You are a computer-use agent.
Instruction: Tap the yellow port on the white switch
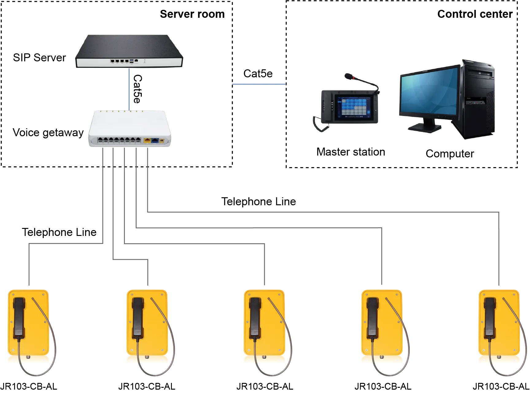(147, 141)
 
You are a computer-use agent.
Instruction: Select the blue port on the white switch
(155, 141)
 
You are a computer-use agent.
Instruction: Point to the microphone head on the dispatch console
(348, 76)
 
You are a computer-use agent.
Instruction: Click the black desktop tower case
(479, 101)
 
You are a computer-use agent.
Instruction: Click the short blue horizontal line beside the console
(259, 84)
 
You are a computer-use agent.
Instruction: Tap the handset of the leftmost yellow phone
(19, 318)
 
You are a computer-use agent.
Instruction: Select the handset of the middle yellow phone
(255, 318)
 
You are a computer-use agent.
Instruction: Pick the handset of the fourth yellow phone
(372, 318)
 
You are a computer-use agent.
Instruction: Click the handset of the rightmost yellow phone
(489, 318)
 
